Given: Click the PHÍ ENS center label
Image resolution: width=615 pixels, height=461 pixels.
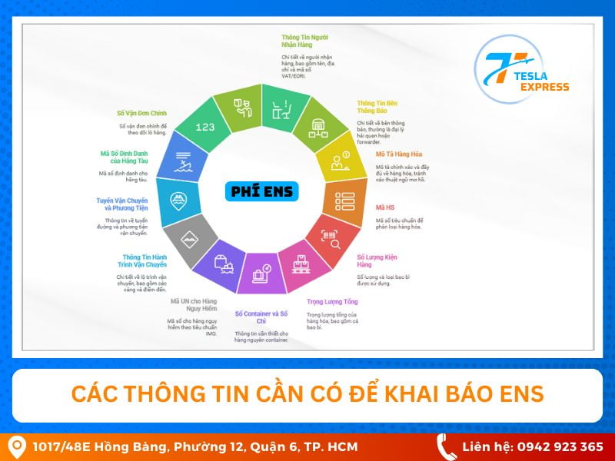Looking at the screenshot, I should click(261, 191).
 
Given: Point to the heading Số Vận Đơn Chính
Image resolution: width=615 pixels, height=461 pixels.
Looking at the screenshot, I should click(141, 113).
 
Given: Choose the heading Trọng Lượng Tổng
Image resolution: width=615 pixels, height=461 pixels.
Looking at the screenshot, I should click(332, 302).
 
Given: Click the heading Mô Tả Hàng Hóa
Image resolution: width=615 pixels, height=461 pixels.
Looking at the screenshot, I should click(398, 154).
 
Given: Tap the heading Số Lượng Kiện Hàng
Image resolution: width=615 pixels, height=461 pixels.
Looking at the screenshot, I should click(377, 260).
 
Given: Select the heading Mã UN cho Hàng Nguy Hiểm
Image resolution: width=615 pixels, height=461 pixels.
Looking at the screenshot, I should click(194, 305).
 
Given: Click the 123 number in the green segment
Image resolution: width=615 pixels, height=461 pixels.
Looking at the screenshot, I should click(205, 127).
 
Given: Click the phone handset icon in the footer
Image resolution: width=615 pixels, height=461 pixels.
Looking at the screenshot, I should click(446, 446).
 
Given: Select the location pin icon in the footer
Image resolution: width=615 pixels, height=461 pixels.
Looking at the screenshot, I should click(15, 446).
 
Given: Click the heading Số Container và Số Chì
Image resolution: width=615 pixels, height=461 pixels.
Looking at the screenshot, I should click(261, 318).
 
